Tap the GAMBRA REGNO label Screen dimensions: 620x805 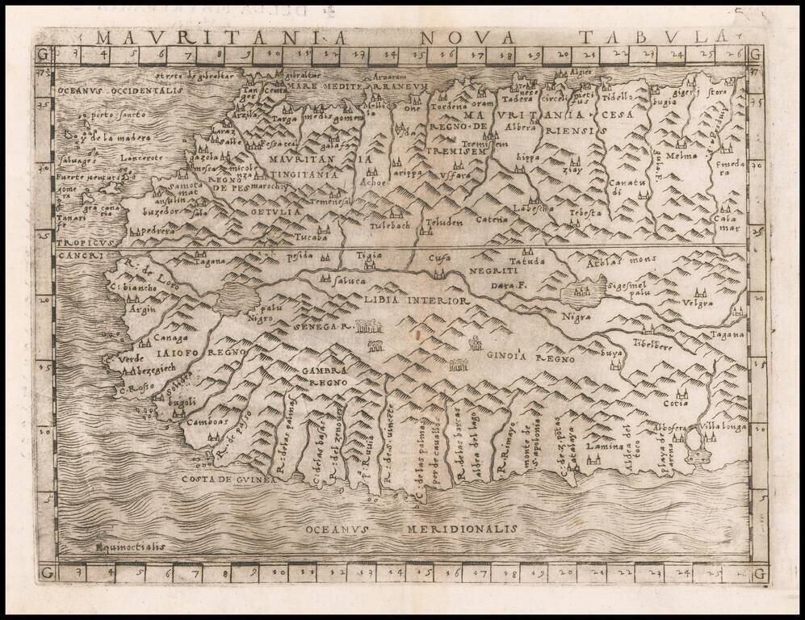pyautogui.click(x=325, y=375)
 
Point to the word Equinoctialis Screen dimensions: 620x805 pyautogui.click(x=130, y=546)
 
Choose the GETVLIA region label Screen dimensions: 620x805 pyautogui.click(x=276, y=212)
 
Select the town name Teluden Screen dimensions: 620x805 pyautogui.click(x=444, y=219)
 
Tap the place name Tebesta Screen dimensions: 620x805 pyautogui.click(x=585, y=212)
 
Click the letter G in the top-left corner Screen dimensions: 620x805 pyautogui.click(x=42, y=54)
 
